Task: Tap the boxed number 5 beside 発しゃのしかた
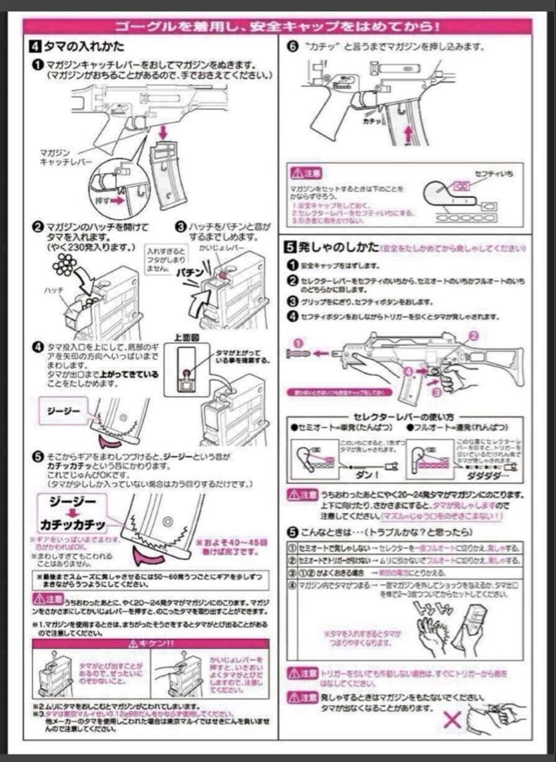click(289, 248)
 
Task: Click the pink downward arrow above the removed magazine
click(162, 132)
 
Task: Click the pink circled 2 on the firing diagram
click(473, 336)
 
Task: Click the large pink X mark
click(452, 720)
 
